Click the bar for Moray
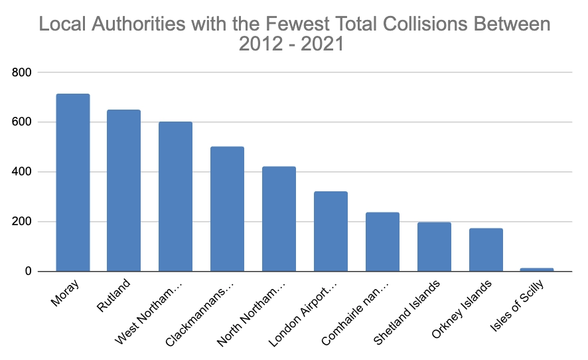coord(72,183)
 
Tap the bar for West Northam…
coord(176,197)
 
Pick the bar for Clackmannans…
coord(227,209)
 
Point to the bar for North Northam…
coord(279,219)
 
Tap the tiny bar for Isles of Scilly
coord(537,270)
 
